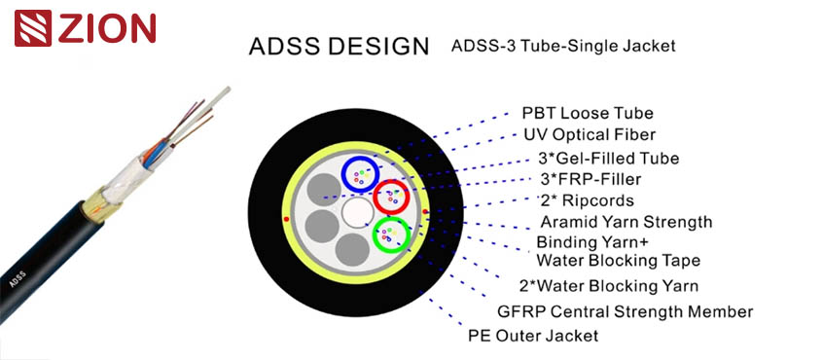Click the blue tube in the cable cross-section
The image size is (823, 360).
coord(362,172)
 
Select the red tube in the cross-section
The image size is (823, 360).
coord(393,198)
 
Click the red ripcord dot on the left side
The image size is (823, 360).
coord(286,220)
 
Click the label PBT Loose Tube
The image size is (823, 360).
coord(588,114)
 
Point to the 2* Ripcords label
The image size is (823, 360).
coord(587,200)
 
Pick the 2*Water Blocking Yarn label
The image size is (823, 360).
coord(609,285)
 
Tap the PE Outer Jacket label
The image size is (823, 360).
coord(533,336)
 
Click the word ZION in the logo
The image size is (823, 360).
coord(106,29)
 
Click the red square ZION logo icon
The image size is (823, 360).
coord(31,28)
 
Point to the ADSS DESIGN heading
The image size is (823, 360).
coord(338,46)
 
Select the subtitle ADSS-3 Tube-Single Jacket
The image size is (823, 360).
coord(562,45)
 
